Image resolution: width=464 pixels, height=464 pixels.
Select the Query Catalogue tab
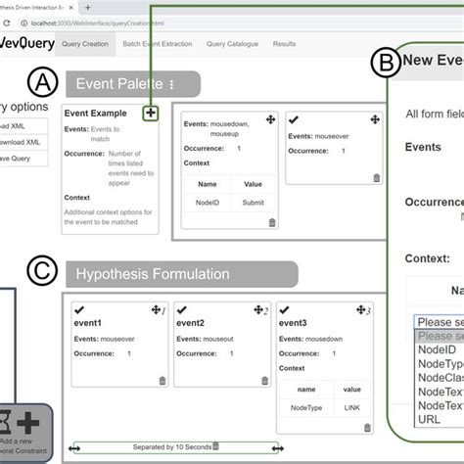coord(239,44)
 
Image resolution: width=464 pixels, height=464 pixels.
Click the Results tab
coord(284,44)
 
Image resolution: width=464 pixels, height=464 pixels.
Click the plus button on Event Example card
coord(150,114)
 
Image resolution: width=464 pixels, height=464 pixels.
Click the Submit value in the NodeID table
coord(253,202)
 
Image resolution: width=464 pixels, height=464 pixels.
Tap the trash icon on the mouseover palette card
coord(376,178)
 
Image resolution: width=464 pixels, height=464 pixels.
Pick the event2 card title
coord(190,322)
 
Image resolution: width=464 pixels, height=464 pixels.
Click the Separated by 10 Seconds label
coord(171,446)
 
